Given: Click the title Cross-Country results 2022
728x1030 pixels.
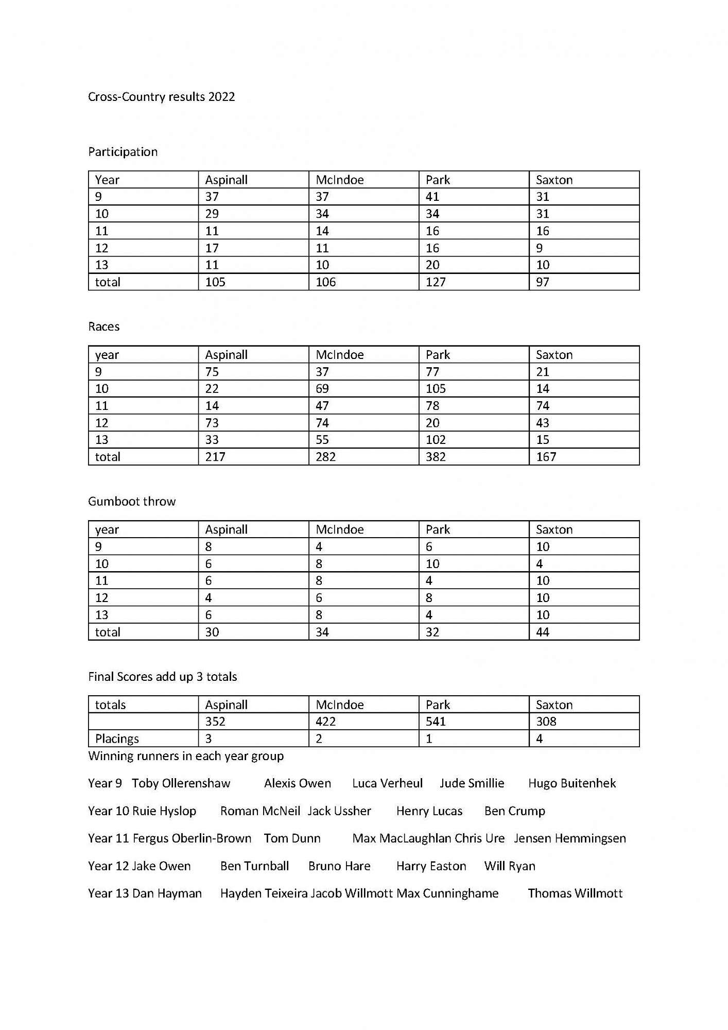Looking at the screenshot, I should (x=161, y=97).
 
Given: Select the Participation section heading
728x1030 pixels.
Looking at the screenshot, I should (x=123, y=152).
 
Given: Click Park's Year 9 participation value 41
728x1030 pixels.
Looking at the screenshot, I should (x=432, y=197).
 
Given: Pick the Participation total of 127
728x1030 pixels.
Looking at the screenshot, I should (x=436, y=282).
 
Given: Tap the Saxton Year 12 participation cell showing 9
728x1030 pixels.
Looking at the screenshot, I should (x=539, y=248).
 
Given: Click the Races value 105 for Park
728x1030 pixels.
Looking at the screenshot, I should (x=436, y=389).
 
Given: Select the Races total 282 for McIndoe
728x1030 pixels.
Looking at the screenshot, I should (x=325, y=457).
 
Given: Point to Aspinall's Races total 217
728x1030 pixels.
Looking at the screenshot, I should (x=215, y=457).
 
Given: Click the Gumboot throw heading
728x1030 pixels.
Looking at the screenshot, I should (x=132, y=502).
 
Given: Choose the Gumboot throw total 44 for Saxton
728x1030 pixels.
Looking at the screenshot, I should (x=543, y=632).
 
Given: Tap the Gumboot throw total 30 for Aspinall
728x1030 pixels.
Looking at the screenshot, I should (x=212, y=632).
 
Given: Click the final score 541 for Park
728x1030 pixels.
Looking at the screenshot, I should (x=436, y=722).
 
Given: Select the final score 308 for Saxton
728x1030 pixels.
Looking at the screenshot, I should (x=546, y=722).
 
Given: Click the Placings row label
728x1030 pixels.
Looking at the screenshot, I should (x=117, y=739).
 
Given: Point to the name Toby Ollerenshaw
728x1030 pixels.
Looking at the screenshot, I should (x=181, y=783).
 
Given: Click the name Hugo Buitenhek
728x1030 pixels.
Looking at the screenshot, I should (x=572, y=783).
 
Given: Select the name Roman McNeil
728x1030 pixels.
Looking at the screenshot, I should (x=260, y=811).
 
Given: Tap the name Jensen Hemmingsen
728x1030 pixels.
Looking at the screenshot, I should (x=570, y=838).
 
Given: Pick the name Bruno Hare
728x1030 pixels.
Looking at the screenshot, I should (x=339, y=866).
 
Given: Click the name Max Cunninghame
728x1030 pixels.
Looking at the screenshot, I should (x=447, y=894).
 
